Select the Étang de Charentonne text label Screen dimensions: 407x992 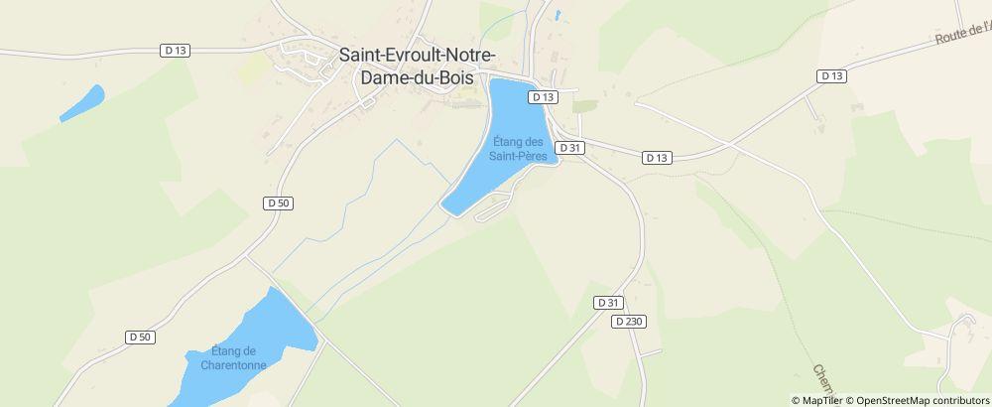[x=234, y=357]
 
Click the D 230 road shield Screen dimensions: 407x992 [x=629, y=322]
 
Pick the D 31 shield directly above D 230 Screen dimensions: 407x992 [x=608, y=303]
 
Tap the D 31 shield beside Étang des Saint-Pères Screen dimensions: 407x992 [x=569, y=147]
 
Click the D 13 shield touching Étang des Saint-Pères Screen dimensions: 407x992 [x=544, y=97]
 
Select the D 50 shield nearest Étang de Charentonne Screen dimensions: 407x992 [x=141, y=337]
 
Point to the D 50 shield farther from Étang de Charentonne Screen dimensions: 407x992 [x=279, y=203]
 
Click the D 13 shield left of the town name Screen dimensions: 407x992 [x=175, y=50]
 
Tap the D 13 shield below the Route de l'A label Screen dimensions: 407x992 [x=831, y=75]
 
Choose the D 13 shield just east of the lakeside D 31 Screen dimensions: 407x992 [x=657, y=157]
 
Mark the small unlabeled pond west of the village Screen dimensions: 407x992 [x=82, y=103]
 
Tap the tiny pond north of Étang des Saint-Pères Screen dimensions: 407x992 [x=558, y=15]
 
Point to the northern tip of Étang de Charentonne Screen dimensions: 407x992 [x=270, y=292]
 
